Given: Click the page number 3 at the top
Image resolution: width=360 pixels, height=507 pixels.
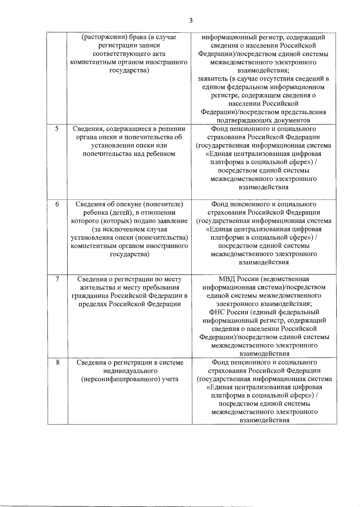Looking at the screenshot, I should pyautogui.click(x=191, y=21).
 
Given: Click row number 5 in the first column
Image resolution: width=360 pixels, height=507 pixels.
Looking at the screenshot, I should pyautogui.click(x=57, y=129).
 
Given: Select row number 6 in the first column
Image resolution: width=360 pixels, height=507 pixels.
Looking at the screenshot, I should pyautogui.click(x=57, y=204).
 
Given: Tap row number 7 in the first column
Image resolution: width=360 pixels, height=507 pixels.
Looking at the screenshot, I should pyautogui.click(x=57, y=279).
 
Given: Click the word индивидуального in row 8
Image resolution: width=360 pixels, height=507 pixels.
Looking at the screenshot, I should pyautogui.click(x=130, y=371).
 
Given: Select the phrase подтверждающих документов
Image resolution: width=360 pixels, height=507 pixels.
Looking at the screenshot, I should pyautogui.click(x=263, y=120).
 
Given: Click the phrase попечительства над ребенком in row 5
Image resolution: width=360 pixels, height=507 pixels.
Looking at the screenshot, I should pyautogui.click(x=129, y=154).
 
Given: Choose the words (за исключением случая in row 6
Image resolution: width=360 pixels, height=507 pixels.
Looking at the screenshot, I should pyautogui.click(x=129, y=229).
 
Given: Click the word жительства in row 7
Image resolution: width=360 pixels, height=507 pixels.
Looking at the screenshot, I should pyautogui.click(x=95, y=288).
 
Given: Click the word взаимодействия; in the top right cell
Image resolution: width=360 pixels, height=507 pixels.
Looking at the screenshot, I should pyautogui.click(x=263, y=71).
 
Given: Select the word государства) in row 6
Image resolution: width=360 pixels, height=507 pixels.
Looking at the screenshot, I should pyautogui.click(x=130, y=254).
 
